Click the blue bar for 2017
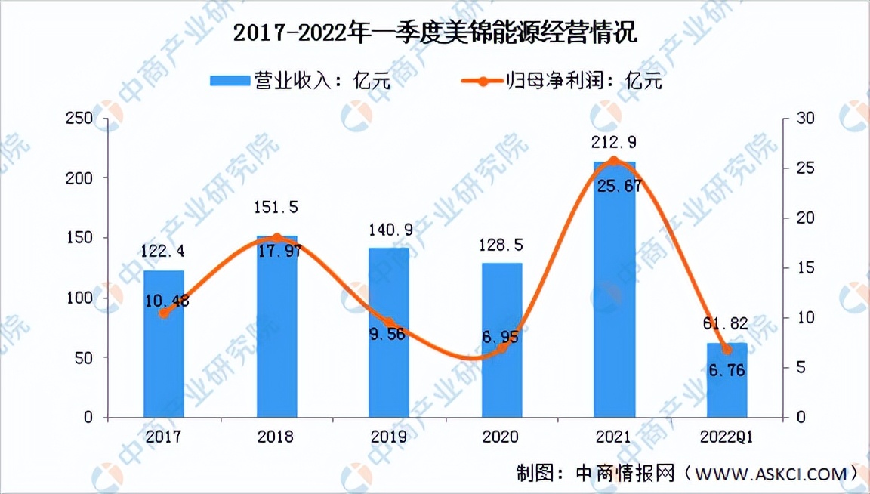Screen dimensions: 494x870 163,344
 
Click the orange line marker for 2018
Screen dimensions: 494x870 276,238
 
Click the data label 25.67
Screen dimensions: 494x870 615,187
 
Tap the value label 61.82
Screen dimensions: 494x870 727,324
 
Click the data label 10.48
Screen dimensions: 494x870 164,301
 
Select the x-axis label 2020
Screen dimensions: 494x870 501,437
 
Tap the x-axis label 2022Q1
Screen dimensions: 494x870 727,437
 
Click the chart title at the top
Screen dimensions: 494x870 435,34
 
